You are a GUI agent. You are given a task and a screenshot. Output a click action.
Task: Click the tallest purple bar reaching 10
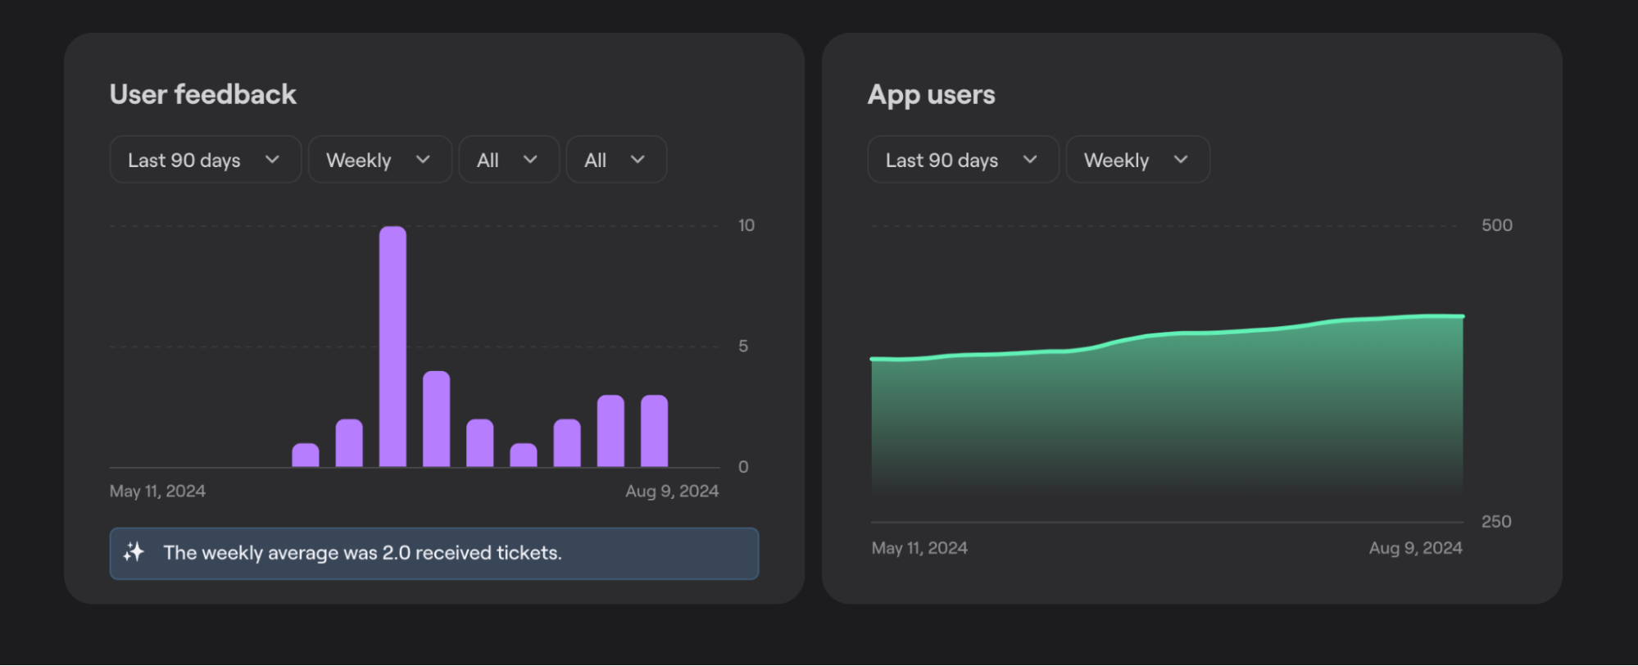click(x=392, y=347)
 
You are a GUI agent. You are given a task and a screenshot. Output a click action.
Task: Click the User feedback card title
click(x=203, y=95)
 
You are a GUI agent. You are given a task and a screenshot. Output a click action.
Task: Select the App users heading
click(x=931, y=95)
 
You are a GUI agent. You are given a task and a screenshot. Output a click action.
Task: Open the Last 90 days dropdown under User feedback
click(x=205, y=160)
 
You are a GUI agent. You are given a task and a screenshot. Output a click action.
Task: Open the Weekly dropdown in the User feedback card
click(x=379, y=160)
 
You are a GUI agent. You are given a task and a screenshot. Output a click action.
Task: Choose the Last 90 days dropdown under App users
click(x=963, y=160)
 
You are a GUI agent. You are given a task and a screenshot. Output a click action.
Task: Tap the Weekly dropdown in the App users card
click(x=1137, y=160)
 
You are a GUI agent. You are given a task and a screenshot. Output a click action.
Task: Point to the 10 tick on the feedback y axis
click(x=746, y=225)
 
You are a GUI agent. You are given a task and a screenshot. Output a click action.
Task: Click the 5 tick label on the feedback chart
click(x=743, y=346)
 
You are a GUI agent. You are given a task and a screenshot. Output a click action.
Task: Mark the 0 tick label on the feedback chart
click(x=743, y=467)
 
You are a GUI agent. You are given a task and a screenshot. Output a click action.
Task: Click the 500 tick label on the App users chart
click(x=1496, y=225)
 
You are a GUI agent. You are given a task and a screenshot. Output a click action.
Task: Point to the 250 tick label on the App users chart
click(x=1495, y=521)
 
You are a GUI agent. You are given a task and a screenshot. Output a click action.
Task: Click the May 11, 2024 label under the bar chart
click(x=157, y=491)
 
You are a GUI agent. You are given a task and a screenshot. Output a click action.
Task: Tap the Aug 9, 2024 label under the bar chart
click(x=672, y=491)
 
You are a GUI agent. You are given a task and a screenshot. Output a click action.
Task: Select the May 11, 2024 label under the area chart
click(x=919, y=548)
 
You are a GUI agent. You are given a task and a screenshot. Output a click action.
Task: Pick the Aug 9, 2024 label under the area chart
click(x=1415, y=548)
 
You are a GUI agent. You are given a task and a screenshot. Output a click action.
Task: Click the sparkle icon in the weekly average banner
click(x=134, y=552)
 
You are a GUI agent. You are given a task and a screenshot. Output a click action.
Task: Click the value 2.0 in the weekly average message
click(x=397, y=553)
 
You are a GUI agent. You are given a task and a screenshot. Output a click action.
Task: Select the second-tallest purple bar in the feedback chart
click(x=436, y=419)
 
